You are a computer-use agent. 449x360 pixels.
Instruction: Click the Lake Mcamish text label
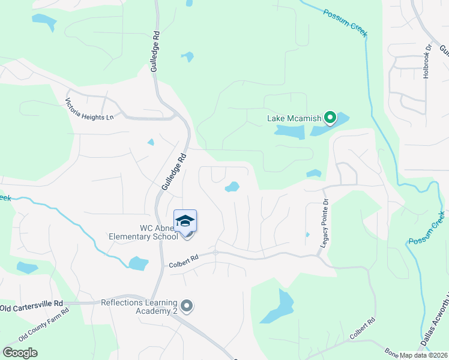294,118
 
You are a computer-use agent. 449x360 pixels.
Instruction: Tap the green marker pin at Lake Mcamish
330,118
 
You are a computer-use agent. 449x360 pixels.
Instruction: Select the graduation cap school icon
185,221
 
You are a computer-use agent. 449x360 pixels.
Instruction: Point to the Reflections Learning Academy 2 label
140,307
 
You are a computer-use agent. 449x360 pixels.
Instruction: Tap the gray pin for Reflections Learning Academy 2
187,307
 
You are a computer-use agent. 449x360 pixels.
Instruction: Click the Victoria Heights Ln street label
89,109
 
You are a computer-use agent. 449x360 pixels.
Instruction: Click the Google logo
20,352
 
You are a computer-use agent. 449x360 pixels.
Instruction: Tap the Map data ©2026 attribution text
422,355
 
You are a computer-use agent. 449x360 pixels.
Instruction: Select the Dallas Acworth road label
433,324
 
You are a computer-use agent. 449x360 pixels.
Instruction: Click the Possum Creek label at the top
345,23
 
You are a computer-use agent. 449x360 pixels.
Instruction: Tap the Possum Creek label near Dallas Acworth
427,228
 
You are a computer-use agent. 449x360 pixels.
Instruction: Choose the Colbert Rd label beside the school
183,259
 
